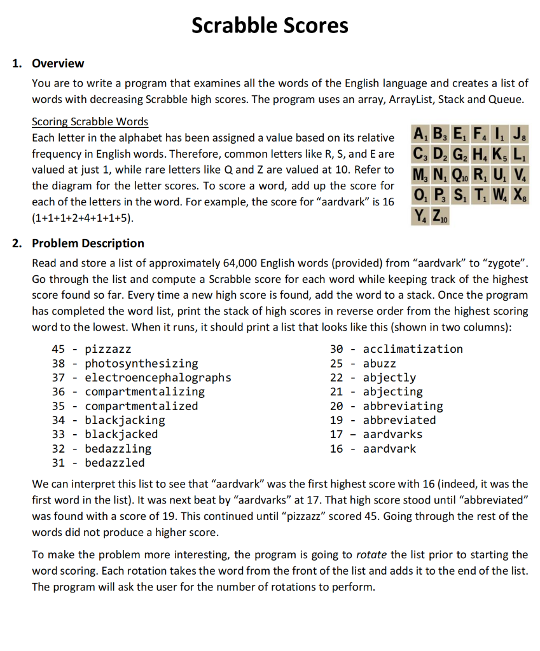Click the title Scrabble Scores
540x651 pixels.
[270, 25]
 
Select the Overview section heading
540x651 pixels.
[58, 64]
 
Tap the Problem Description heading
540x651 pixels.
[88, 243]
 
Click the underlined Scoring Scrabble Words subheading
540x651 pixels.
[90, 121]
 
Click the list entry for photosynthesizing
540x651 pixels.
[141, 364]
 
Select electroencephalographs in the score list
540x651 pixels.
[158, 378]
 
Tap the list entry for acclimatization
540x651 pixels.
[413, 349]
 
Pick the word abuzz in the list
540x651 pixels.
[380, 364]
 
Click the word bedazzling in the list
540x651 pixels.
[118, 448]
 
